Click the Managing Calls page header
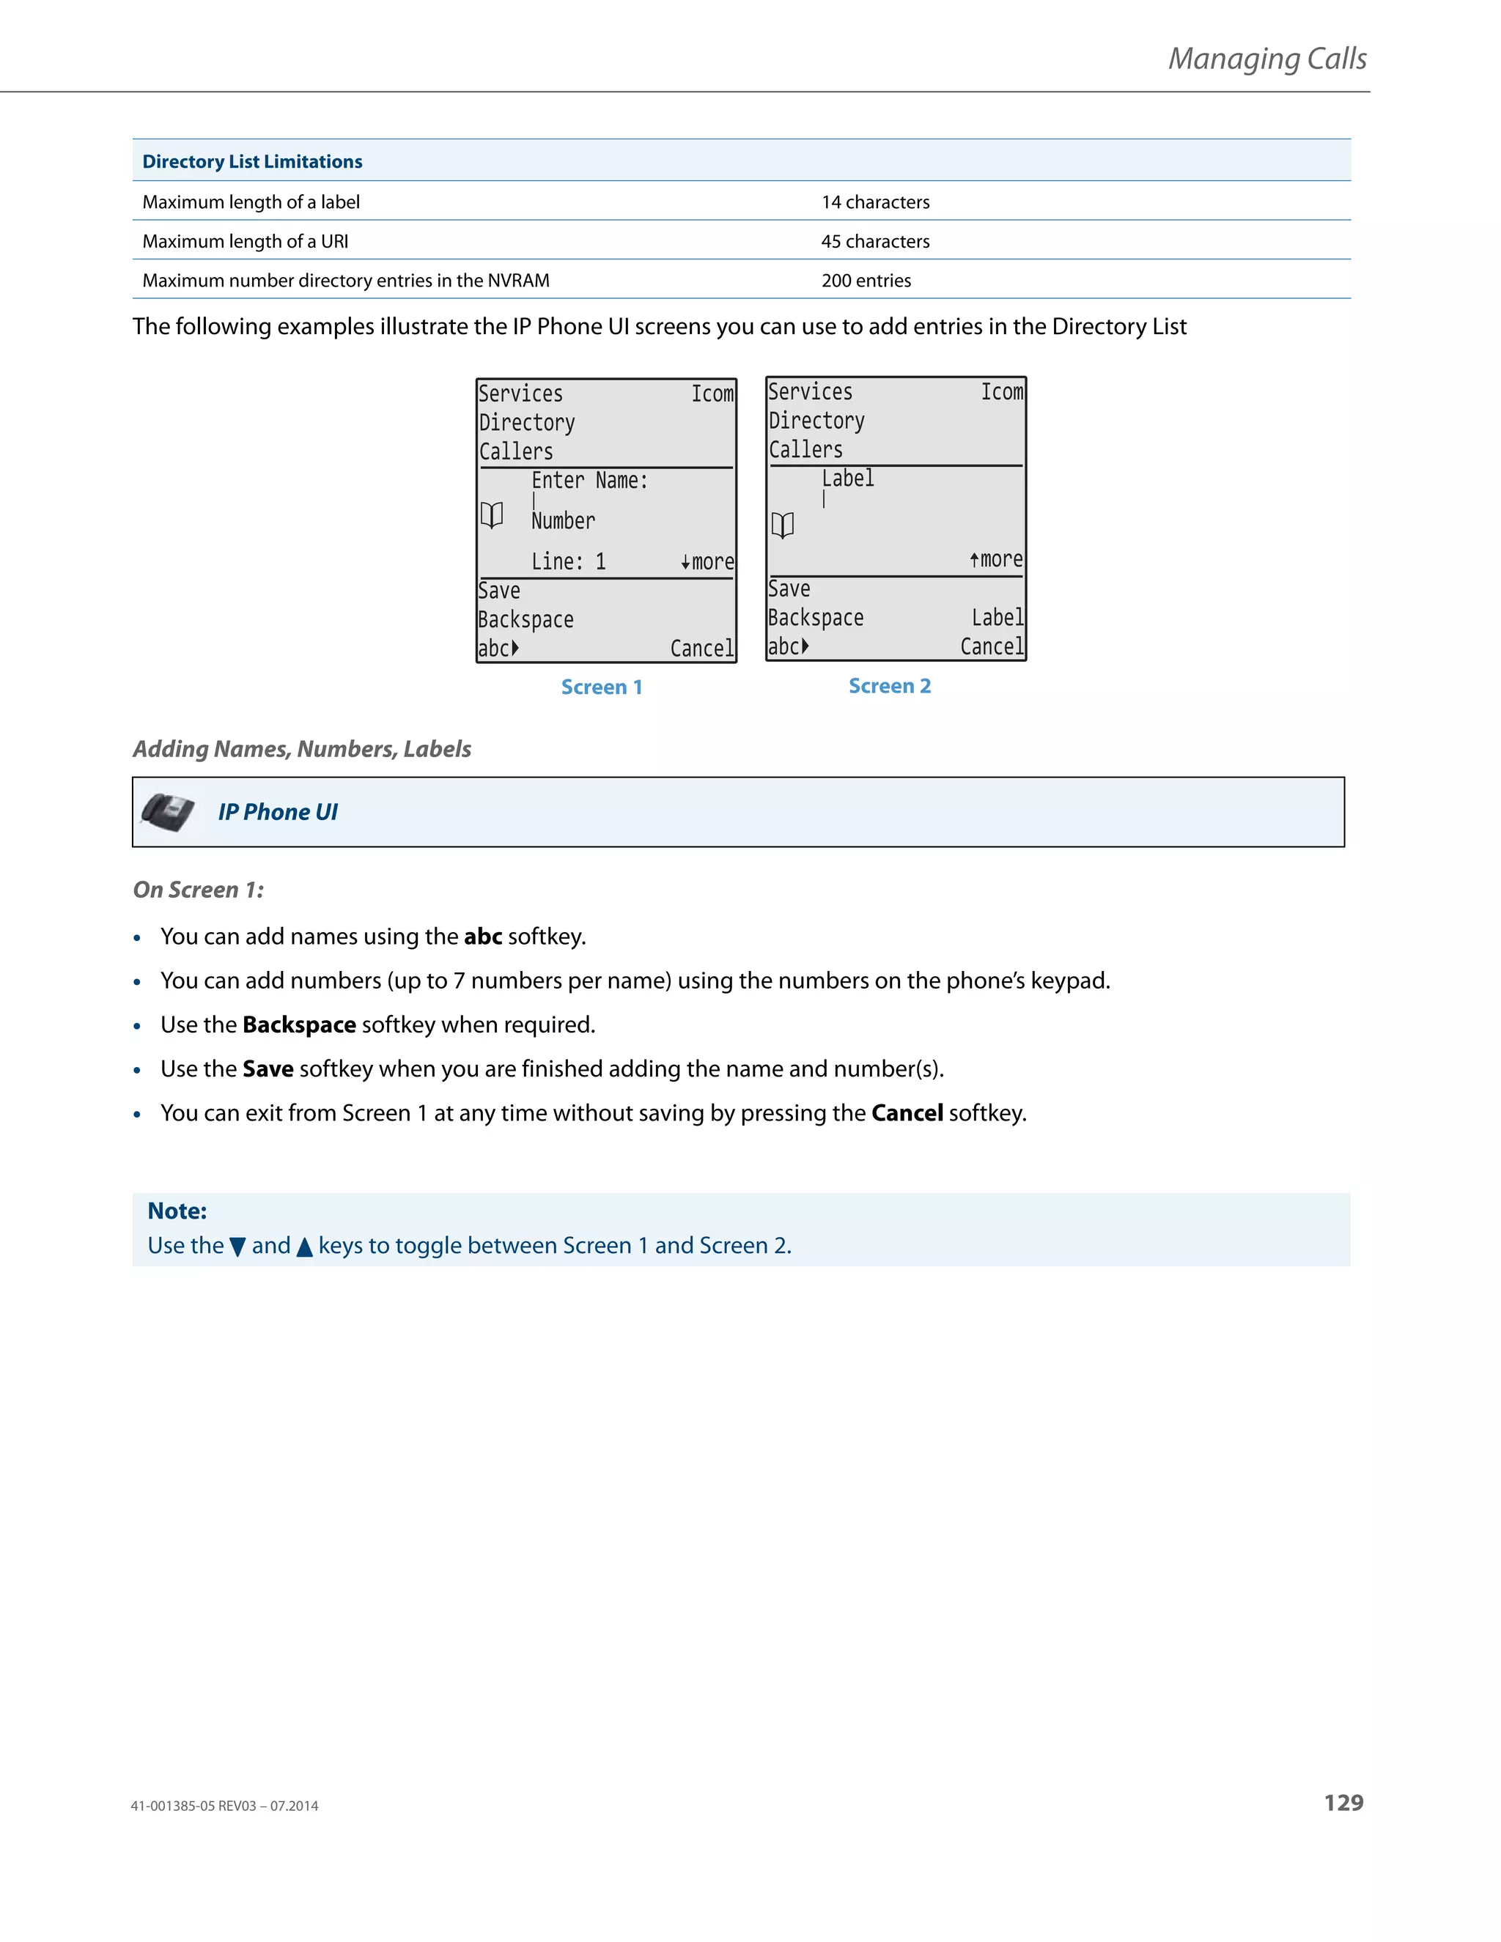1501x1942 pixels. coord(1266,59)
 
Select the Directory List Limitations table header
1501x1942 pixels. coord(253,162)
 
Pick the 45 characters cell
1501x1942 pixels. coord(875,242)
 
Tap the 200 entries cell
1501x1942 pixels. coord(866,281)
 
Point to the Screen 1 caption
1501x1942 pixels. coord(601,687)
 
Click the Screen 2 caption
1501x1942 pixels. coord(889,686)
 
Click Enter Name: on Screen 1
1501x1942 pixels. coord(589,481)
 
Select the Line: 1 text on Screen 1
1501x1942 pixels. coord(568,562)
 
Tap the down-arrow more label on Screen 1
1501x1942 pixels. coord(708,562)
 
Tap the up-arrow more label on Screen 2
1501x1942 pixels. coord(996,559)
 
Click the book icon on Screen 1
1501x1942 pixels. coord(492,515)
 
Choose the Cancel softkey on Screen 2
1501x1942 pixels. coord(992,646)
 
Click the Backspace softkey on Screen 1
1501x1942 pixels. coord(525,620)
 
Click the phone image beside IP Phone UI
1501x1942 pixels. coord(168,812)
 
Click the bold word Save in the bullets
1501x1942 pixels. coord(268,1068)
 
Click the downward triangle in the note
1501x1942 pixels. coord(237,1247)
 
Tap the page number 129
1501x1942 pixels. coord(1343,1803)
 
